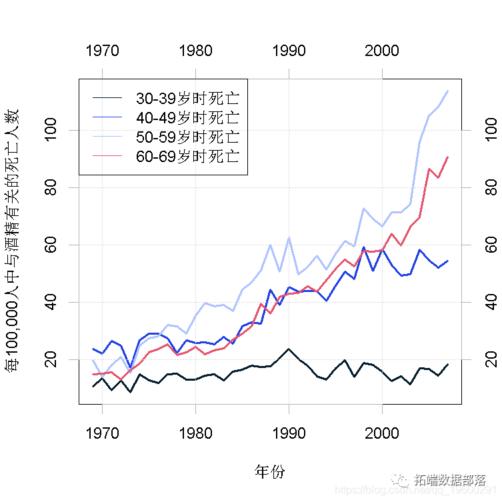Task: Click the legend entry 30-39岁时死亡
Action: click(187, 99)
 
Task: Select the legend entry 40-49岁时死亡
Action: click(187, 118)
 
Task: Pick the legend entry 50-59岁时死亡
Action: click(187, 137)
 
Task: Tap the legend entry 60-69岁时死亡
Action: click(187, 157)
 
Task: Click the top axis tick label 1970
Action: click(102, 51)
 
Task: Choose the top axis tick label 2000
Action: click(382, 51)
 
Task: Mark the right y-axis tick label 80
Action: click(490, 187)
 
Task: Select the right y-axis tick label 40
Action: click(490, 303)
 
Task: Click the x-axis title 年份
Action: click(270, 472)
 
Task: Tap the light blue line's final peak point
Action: click(447, 91)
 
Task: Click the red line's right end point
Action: click(447, 157)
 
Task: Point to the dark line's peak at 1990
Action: click(289, 349)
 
